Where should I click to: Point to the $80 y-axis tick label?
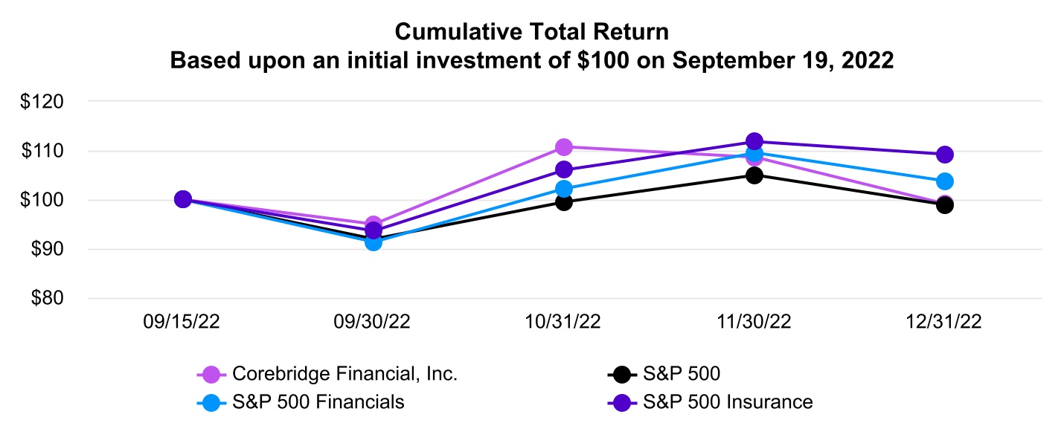tap(51, 299)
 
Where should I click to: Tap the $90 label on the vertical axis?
tap(51, 250)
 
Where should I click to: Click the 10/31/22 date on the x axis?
tap(564, 323)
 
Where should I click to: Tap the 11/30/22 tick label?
tap(754, 323)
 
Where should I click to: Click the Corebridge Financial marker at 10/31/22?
tap(564, 147)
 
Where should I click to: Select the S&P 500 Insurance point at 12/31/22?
tap(945, 155)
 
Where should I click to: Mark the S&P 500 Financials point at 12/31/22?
tap(945, 181)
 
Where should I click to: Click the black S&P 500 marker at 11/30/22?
tap(754, 175)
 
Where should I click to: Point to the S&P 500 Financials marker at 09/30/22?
tap(374, 242)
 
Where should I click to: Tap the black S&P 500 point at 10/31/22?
tap(564, 201)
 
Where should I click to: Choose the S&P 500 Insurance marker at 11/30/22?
tap(754, 141)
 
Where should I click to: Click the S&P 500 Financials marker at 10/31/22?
tap(564, 189)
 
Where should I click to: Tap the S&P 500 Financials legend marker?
tap(211, 402)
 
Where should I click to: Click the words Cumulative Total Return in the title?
tap(531, 32)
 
